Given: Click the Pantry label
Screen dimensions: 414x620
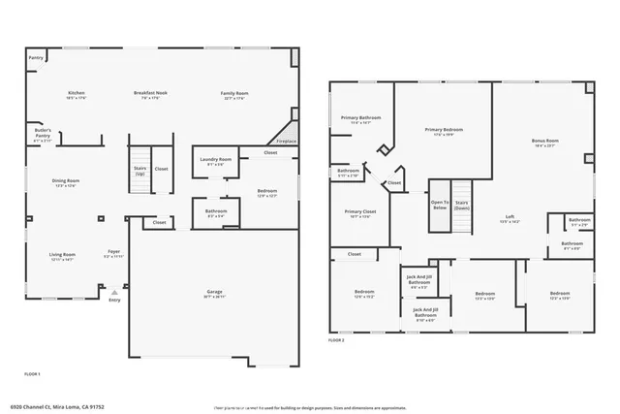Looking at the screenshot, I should [36, 58].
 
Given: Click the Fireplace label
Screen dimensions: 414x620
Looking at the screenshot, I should [286, 141].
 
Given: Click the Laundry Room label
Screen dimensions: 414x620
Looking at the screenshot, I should [216, 160].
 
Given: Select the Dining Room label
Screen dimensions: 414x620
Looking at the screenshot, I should [66, 181].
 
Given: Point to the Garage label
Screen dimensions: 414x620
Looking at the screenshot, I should [215, 292].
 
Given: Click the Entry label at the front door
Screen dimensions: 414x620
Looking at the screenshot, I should [115, 300].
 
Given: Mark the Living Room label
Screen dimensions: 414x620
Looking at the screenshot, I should [63, 256].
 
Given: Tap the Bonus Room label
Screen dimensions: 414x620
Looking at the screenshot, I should [545, 142].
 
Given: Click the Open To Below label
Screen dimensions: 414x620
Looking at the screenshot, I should [440, 205].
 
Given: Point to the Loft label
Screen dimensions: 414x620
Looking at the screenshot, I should [510, 217].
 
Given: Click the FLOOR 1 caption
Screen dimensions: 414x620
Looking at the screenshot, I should [31, 372].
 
